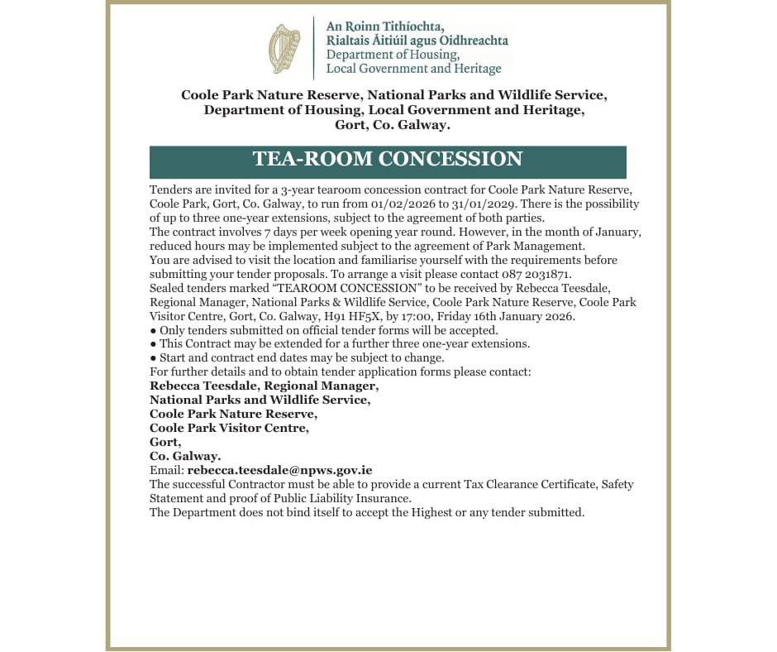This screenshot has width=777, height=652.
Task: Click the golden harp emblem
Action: pos(284,48)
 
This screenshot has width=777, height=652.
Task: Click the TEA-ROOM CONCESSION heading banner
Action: pos(388,161)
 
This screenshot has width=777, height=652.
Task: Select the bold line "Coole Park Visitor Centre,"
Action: pos(229,428)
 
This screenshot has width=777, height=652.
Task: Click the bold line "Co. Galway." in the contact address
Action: pos(184,456)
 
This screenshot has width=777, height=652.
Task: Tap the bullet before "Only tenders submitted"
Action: pos(153,330)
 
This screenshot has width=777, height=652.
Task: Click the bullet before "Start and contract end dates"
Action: pos(153,358)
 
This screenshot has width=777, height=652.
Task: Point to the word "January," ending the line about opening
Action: pos(607,232)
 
